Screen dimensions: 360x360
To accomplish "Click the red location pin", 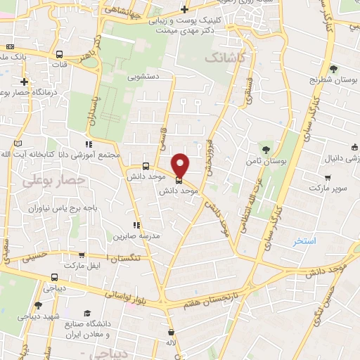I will [x=181, y=165].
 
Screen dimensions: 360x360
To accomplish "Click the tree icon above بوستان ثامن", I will [x=266, y=149].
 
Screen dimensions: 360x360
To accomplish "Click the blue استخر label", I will [x=306, y=241].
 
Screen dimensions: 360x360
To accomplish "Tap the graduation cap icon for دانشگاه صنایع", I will [x=88, y=313].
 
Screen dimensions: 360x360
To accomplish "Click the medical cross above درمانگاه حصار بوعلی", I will [x=25, y=82].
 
